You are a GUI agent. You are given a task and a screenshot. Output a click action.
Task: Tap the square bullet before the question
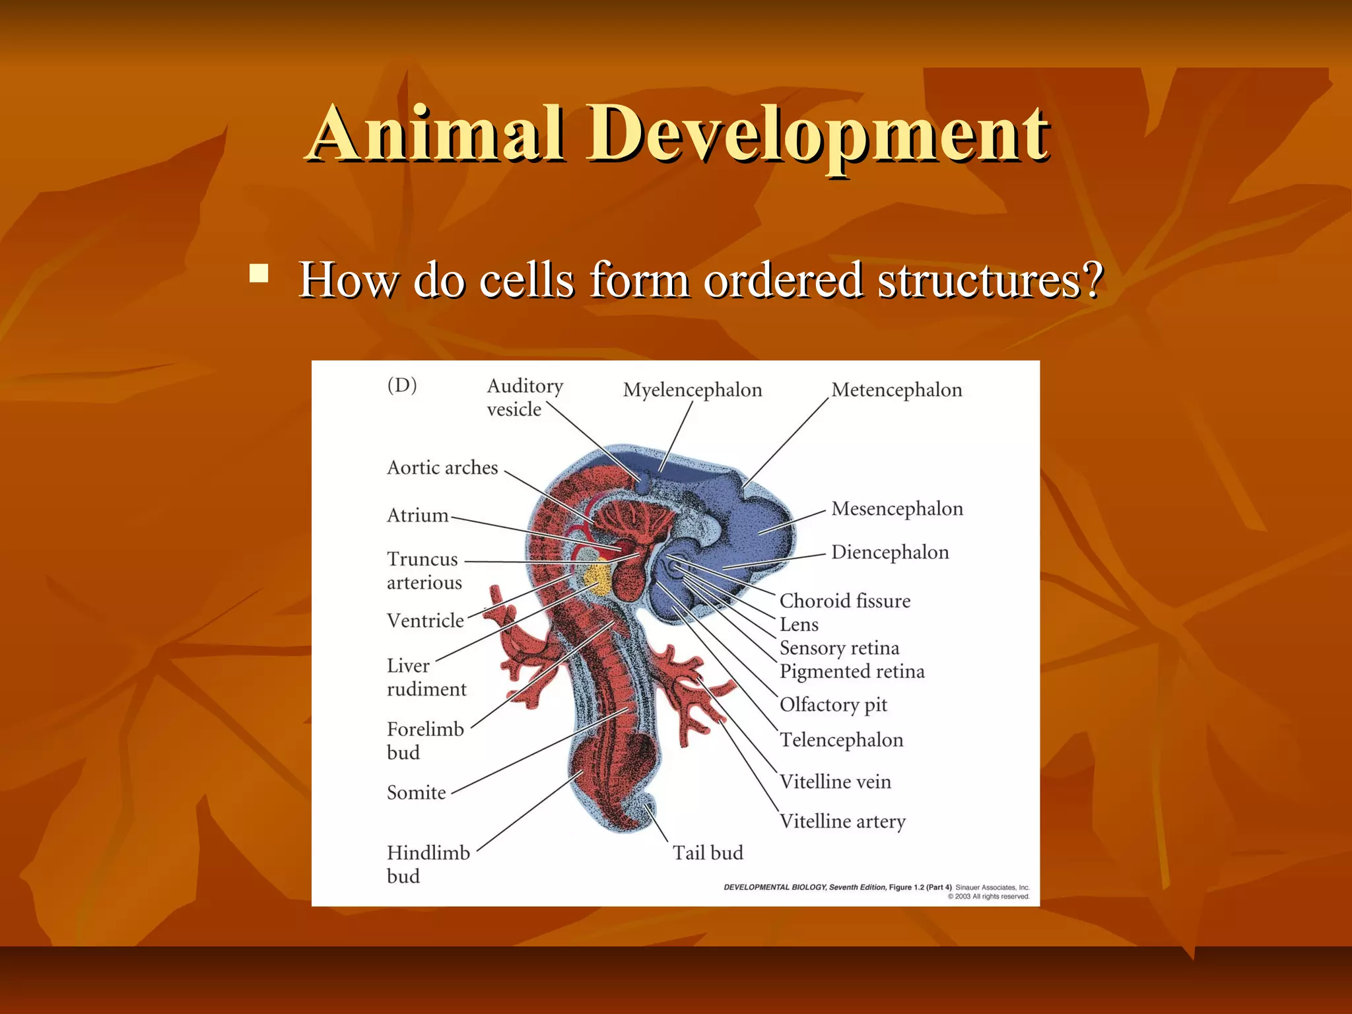[x=259, y=273]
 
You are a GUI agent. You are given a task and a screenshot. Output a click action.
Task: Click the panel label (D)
[x=402, y=385]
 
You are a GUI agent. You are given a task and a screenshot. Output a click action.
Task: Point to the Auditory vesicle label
[x=524, y=397]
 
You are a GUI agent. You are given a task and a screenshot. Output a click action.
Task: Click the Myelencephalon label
[x=692, y=390]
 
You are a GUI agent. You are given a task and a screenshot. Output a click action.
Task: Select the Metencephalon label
[x=896, y=390]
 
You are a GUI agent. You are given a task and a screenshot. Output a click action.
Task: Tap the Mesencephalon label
[x=896, y=509]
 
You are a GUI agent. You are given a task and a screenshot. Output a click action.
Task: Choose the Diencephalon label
[x=889, y=553]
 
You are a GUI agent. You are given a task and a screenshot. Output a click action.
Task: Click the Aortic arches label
[x=442, y=468]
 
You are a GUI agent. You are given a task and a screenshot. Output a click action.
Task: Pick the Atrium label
[x=417, y=516]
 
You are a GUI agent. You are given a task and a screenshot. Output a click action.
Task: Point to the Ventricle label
[x=425, y=621]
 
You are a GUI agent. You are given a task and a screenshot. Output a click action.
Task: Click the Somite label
[x=416, y=793]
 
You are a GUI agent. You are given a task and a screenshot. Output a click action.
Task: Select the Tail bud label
[x=707, y=853]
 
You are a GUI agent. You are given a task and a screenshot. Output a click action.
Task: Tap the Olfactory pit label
[x=832, y=705]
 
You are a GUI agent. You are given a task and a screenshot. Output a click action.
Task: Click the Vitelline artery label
[x=842, y=822]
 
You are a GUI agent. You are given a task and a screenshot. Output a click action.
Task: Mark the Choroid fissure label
[x=844, y=601]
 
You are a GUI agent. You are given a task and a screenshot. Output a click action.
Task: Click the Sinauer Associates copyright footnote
[x=992, y=892]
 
